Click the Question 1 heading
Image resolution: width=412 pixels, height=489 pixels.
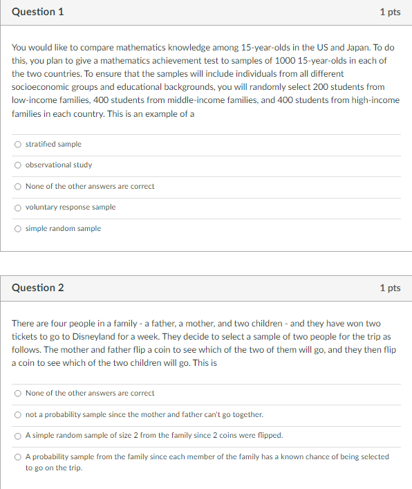[x=38, y=12]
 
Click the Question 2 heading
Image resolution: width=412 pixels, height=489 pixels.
[x=38, y=288]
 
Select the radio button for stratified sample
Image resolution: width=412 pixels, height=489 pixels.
[x=17, y=145]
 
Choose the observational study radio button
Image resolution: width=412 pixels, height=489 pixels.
[x=17, y=165]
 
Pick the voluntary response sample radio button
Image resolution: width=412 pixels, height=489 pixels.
[x=17, y=207]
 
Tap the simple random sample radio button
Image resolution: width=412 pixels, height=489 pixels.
[x=17, y=229]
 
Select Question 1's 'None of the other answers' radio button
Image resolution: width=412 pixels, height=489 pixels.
[x=17, y=187]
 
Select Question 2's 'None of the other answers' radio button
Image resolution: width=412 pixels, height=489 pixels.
[x=17, y=394]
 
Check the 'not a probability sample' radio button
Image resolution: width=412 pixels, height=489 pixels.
[x=17, y=415]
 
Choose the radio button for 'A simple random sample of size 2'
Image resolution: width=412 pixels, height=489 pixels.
[x=17, y=436]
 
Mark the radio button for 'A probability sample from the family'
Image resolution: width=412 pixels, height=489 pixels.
[x=17, y=457]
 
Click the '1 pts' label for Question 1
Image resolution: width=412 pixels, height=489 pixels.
[x=390, y=12]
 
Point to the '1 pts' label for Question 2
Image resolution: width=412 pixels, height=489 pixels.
[x=390, y=288]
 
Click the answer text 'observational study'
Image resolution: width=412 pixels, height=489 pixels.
[x=59, y=165]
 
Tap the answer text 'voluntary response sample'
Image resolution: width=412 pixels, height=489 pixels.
[x=71, y=207]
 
